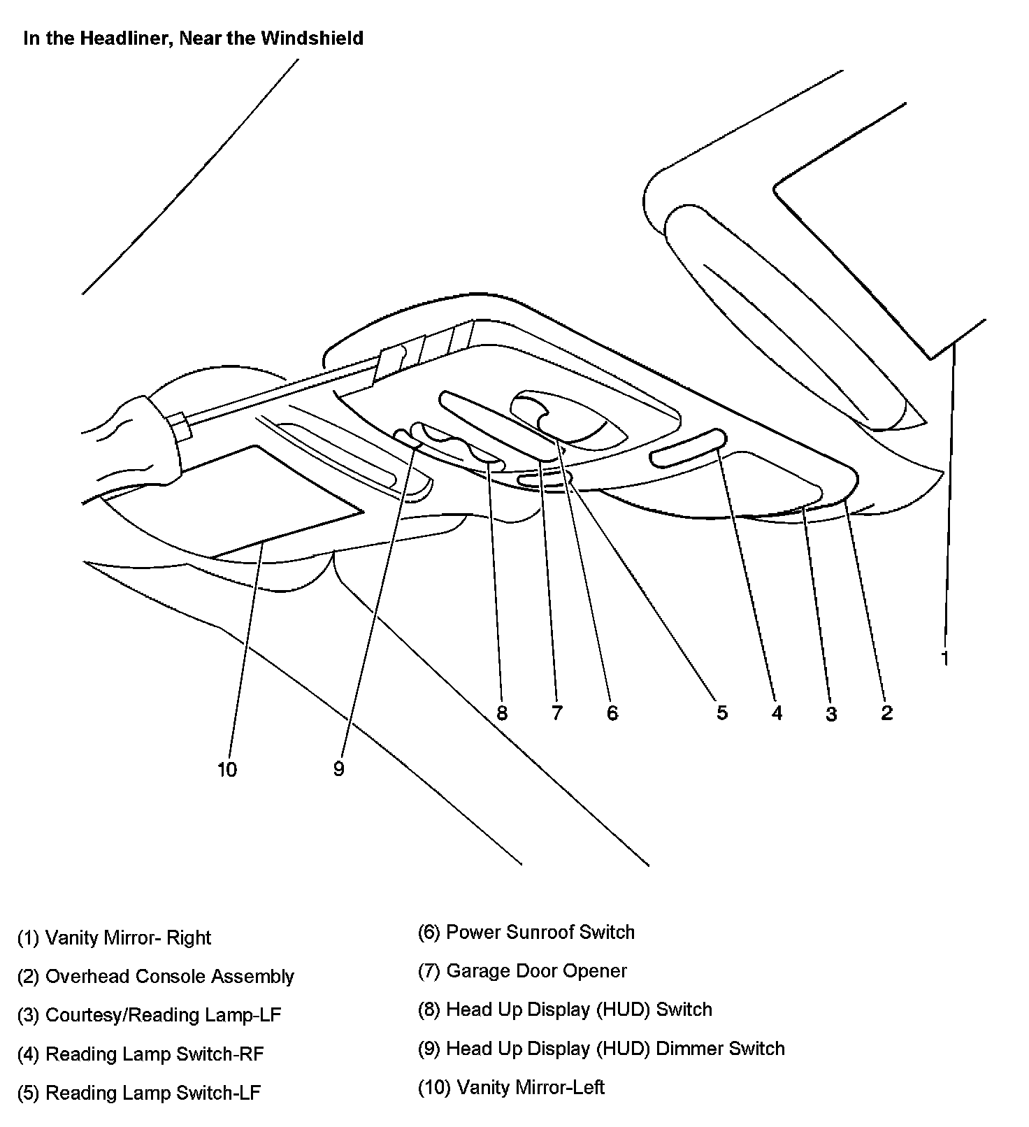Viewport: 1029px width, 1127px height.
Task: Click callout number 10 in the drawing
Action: click(x=227, y=770)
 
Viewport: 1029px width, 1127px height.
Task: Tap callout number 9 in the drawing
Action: click(x=339, y=769)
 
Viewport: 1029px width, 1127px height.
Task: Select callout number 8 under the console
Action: click(x=501, y=713)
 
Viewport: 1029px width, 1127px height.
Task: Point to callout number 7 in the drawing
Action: click(x=556, y=713)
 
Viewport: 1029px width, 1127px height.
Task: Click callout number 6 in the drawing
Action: click(x=612, y=713)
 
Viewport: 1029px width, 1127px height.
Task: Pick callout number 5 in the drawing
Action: click(x=722, y=713)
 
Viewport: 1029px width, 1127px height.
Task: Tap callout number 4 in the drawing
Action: click(x=777, y=713)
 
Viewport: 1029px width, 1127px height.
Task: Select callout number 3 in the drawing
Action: click(x=831, y=714)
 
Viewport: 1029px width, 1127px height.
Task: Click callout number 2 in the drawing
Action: click(x=886, y=713)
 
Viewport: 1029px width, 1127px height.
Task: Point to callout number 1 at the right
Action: click(x=945, y=658)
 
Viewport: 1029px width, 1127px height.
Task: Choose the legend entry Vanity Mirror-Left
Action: click(x=511, y=1087)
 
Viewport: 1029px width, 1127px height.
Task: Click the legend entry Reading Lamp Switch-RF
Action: click(x=141, y=1054)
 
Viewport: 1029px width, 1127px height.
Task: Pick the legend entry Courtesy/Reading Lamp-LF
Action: click(x=149, y=1014)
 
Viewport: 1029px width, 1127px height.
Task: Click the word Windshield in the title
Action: click(x=312, y=38)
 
